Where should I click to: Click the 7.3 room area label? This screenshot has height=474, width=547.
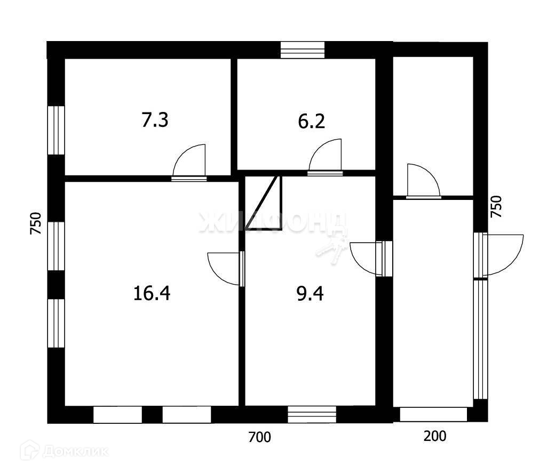(x=155, y=120)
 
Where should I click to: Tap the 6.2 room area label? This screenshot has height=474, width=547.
(x=312, y=122)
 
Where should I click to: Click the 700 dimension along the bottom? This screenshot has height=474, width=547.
(x=260, y=438)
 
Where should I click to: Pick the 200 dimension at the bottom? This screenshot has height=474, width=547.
(x=435, y=436)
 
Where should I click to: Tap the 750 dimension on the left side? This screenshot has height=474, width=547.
(x=35, y=224)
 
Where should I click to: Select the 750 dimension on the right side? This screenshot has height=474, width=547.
(x=496, y=206)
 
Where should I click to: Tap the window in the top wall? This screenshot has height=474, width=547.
(x=303, y=50)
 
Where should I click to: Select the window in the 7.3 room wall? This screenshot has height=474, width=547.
(x=56, y=130)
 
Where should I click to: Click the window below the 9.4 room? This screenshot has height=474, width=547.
(x=312, y=414)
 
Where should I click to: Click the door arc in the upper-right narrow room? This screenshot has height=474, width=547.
(x=422, y=181)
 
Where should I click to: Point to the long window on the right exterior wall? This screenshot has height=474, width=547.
(x=481, y=339)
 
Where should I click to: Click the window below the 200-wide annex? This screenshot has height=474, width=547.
(x=433, y=414)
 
